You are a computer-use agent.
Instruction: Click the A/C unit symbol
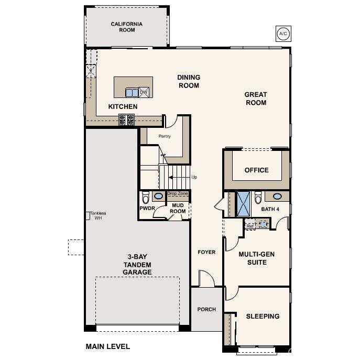pyautogui.click(x=283, y=34)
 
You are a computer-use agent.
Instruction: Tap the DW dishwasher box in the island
pyautogui.click(x=143, y=92)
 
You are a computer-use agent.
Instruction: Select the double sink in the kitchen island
pyautogui.click(x=132, y=93)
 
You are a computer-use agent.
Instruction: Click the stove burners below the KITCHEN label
pyautogui.click(x=127, y=119)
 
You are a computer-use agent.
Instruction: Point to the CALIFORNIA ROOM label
pyautogui.click(x=127, y=27)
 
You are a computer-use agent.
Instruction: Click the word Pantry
pyautogui.click(x=165, y=136)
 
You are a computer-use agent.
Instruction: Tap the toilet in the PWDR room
pyautogui.click(x=146, y=198)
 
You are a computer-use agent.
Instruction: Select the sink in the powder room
pyautogui.click(x=158, y=196)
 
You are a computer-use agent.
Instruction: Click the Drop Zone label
pyautogui.click(x=177, y=193)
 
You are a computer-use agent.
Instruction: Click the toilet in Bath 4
pyautogui.click(x=257, y=199)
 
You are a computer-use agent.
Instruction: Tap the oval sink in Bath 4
pyautogui.click(x=278, y=197)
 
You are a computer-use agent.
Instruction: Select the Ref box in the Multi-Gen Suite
pyautogui.click(x=250, y=226)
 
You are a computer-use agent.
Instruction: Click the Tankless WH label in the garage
pyautogui.click(x=98, y=215)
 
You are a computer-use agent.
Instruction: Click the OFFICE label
pyautogui.click(x=256, y=170)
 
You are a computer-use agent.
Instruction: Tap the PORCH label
pyautogui.click(x=206, y=309)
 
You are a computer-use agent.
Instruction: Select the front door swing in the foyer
pyautogui.click(x=207, y=279)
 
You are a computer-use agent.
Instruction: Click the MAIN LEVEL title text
pyautogui.click(x=107, y=346)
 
